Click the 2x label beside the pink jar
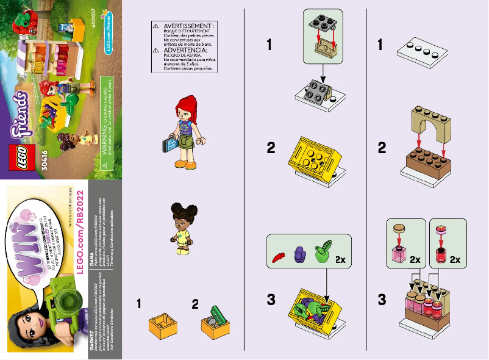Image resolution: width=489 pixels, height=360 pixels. (x=416, y=259)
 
